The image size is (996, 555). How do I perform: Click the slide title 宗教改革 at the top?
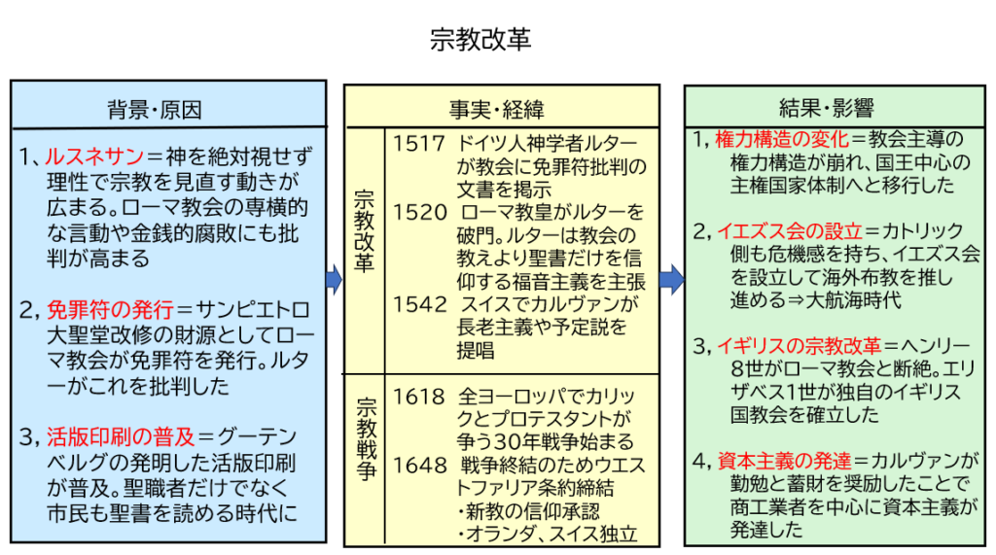pos(480,39)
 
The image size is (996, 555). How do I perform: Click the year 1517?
pos(419,143)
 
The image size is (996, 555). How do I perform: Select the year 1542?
pos(420,304)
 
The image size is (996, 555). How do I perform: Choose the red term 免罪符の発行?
pos(110,311)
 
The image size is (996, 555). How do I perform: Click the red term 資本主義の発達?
pos(784,461)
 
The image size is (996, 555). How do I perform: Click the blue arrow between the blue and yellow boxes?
pos(334,281)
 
